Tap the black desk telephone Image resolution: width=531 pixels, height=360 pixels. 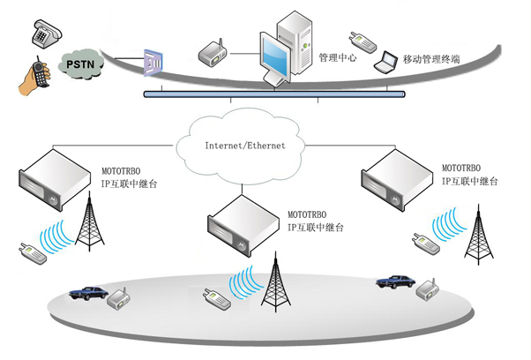tap(44, 34)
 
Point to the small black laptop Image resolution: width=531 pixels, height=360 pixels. tap(385, 64)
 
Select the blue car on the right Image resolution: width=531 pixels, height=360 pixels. tap(393, 281)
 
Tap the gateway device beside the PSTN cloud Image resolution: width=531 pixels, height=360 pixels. tap(153, 63)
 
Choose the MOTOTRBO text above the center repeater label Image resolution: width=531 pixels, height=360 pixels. tap(309, 214)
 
